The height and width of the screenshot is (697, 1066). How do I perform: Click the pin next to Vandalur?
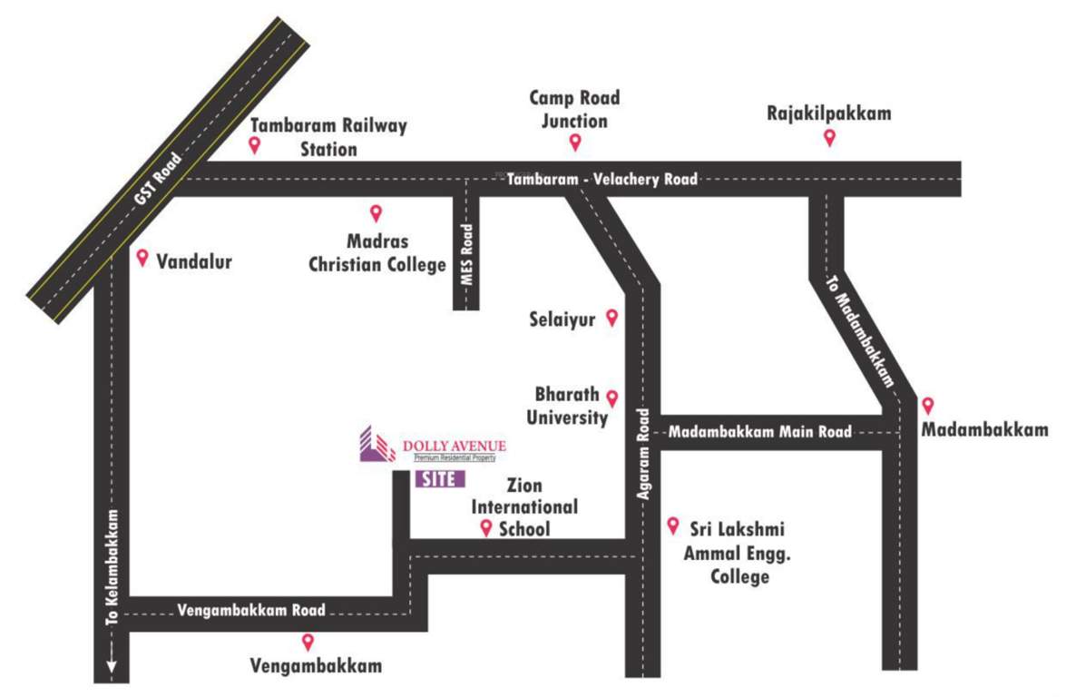coord(142,259)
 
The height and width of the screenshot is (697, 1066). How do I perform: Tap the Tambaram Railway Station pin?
coord(255,145)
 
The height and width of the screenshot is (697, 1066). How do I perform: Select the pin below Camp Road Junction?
coord(574,142)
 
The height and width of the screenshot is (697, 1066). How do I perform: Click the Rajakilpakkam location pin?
coord(829,137)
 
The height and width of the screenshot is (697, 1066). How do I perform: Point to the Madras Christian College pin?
coord(376,213)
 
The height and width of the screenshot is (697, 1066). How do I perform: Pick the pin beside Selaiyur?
coord(612,317)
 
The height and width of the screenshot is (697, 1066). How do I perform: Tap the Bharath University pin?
coord(612,398)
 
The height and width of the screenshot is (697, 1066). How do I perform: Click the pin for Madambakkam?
coord(927,406)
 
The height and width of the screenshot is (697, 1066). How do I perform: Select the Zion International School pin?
coord(486,528)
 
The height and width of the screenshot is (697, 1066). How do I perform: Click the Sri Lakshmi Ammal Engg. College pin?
coord(673,525)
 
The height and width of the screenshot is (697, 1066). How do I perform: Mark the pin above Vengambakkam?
coord(308,642)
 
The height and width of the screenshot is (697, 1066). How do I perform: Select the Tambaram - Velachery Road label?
coord(602,180)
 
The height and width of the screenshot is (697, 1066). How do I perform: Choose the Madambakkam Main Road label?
coord(760,432)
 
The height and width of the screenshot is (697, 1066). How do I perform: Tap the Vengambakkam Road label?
coord(251,610)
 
